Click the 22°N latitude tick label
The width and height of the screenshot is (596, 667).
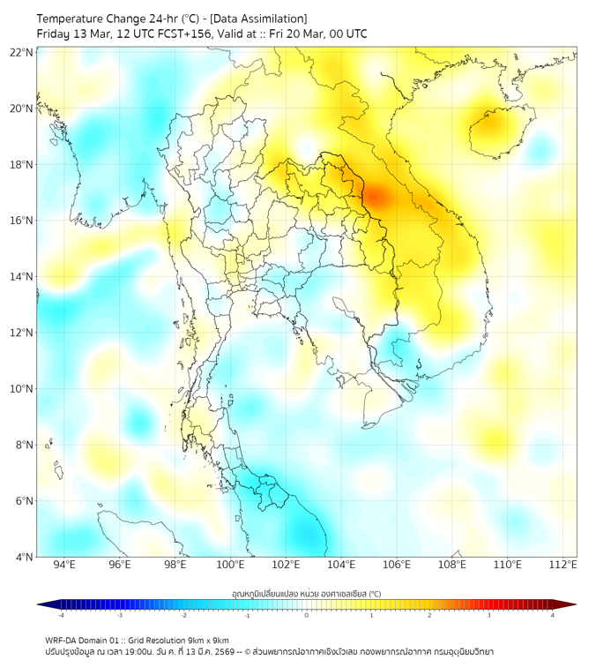(22, 52)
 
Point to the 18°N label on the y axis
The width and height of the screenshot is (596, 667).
(22, 164)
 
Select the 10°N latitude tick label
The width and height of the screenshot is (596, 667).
(22, 388)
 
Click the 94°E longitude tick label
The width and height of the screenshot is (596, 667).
(64, 565)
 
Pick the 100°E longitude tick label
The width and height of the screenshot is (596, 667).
(230, 565)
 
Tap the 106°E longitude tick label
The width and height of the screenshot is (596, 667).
(397, 565)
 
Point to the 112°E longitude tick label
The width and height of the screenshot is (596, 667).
(562, 565)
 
